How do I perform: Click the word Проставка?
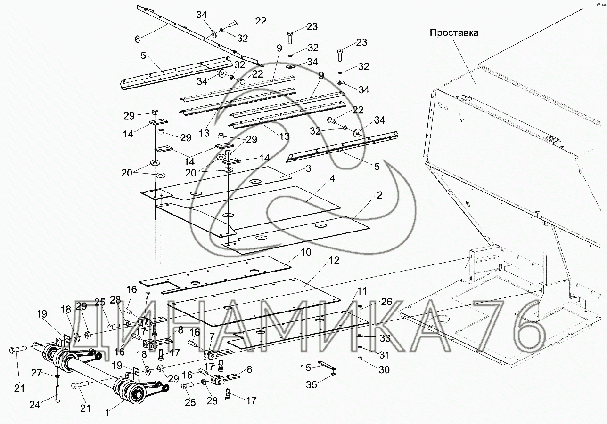(454, 33)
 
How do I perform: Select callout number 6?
(137, 40)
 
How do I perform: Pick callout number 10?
(306, 253)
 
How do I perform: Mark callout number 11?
(361, 291)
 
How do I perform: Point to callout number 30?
(385, 370)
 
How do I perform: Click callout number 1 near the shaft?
(107, 413)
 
